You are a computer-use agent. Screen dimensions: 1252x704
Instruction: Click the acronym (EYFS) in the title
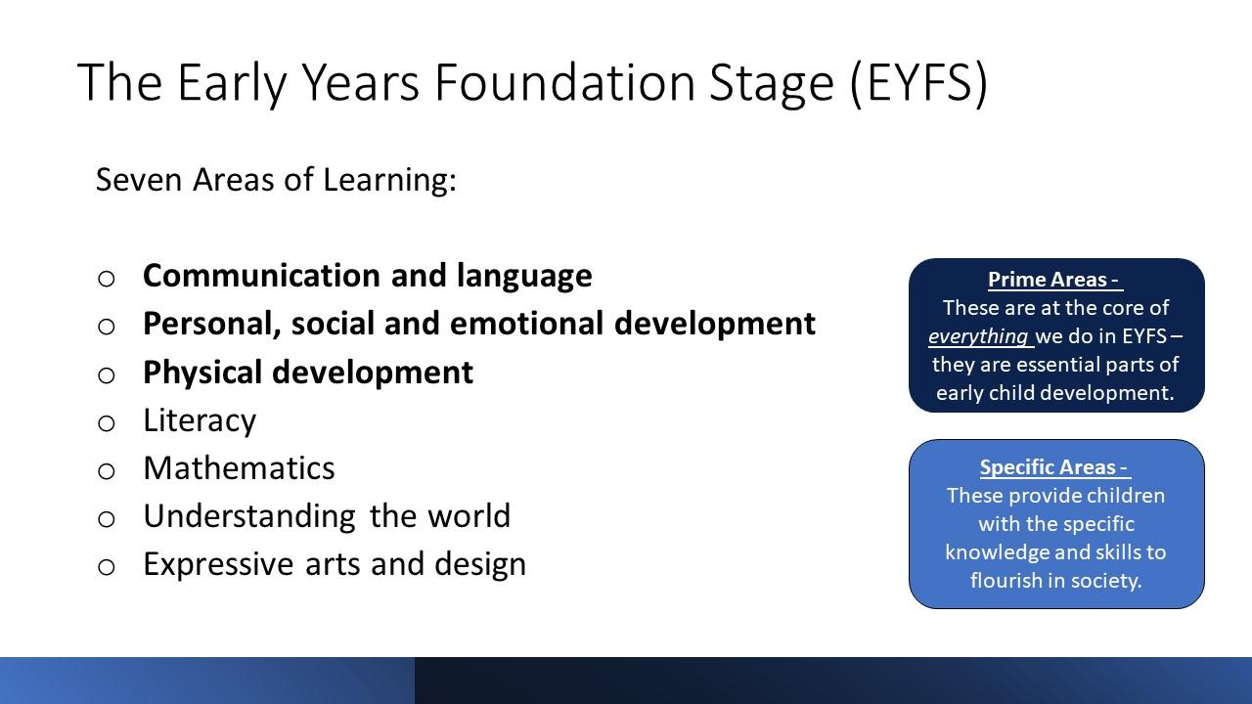coord(919,83)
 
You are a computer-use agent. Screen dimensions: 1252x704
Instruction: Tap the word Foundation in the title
coord(564,82)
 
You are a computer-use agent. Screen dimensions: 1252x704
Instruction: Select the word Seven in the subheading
coord(139,180)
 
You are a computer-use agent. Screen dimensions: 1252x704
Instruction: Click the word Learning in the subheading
coord(389,180)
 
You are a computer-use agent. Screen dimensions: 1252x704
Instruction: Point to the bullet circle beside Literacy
coord(107,423)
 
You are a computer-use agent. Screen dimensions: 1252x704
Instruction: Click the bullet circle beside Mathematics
coord(107,471)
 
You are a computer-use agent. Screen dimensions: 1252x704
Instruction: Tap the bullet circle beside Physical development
coord(107,374)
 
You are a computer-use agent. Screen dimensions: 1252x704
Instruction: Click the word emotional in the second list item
coord(526,324)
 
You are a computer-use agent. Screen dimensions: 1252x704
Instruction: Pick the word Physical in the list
coord(201,373)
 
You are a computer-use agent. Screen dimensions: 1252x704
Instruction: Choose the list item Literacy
coord(200,420)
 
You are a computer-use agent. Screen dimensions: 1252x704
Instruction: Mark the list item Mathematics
coord(239,468)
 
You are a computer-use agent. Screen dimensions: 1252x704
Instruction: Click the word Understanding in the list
coord(249,516)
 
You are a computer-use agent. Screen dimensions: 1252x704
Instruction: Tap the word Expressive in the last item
coord(218,564)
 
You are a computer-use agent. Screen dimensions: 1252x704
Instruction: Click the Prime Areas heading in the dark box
coord(1054,280)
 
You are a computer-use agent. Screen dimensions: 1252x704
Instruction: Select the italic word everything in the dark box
coord(978,336)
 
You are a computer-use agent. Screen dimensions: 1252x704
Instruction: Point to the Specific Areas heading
coord(1054,467)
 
